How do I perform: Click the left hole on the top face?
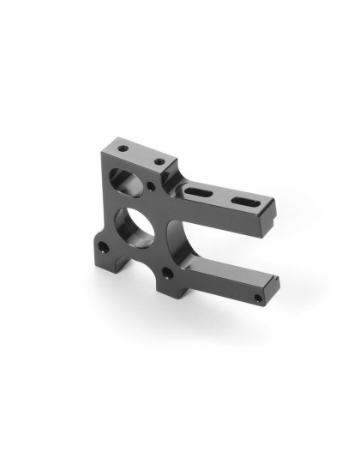pyautogui.click(x=123, y=149)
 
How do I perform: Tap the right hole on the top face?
pyautogui.click(x=158, y=160)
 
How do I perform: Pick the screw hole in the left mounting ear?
pyautogui.click(x=103, y=247)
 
